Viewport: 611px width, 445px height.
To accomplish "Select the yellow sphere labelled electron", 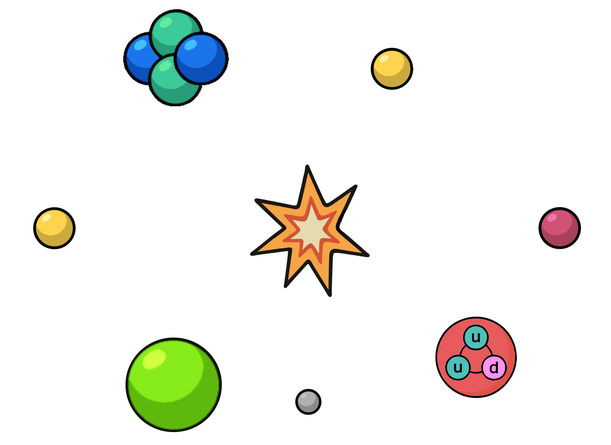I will [54, 228].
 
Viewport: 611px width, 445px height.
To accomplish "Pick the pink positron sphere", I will [559, 228].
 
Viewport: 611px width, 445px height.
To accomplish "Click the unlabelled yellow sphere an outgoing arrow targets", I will [392, 69].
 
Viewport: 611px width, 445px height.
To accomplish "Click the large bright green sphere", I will [174, 385].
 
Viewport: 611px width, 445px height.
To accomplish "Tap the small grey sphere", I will [308, 402].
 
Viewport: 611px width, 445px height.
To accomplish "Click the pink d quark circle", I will [494, 368].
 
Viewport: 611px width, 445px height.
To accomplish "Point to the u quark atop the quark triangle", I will [476, 337].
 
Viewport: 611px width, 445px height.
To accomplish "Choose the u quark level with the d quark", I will [458, 368].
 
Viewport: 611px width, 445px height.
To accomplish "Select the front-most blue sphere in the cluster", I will [201, 58].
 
